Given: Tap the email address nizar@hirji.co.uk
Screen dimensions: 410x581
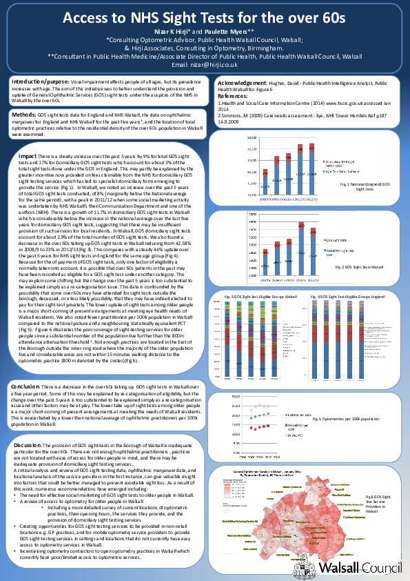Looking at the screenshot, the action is coord(205,64).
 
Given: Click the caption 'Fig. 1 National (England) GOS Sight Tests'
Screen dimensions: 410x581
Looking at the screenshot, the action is coord(365,188).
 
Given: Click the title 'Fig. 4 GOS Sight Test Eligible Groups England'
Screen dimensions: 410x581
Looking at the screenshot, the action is coord(351,296).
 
